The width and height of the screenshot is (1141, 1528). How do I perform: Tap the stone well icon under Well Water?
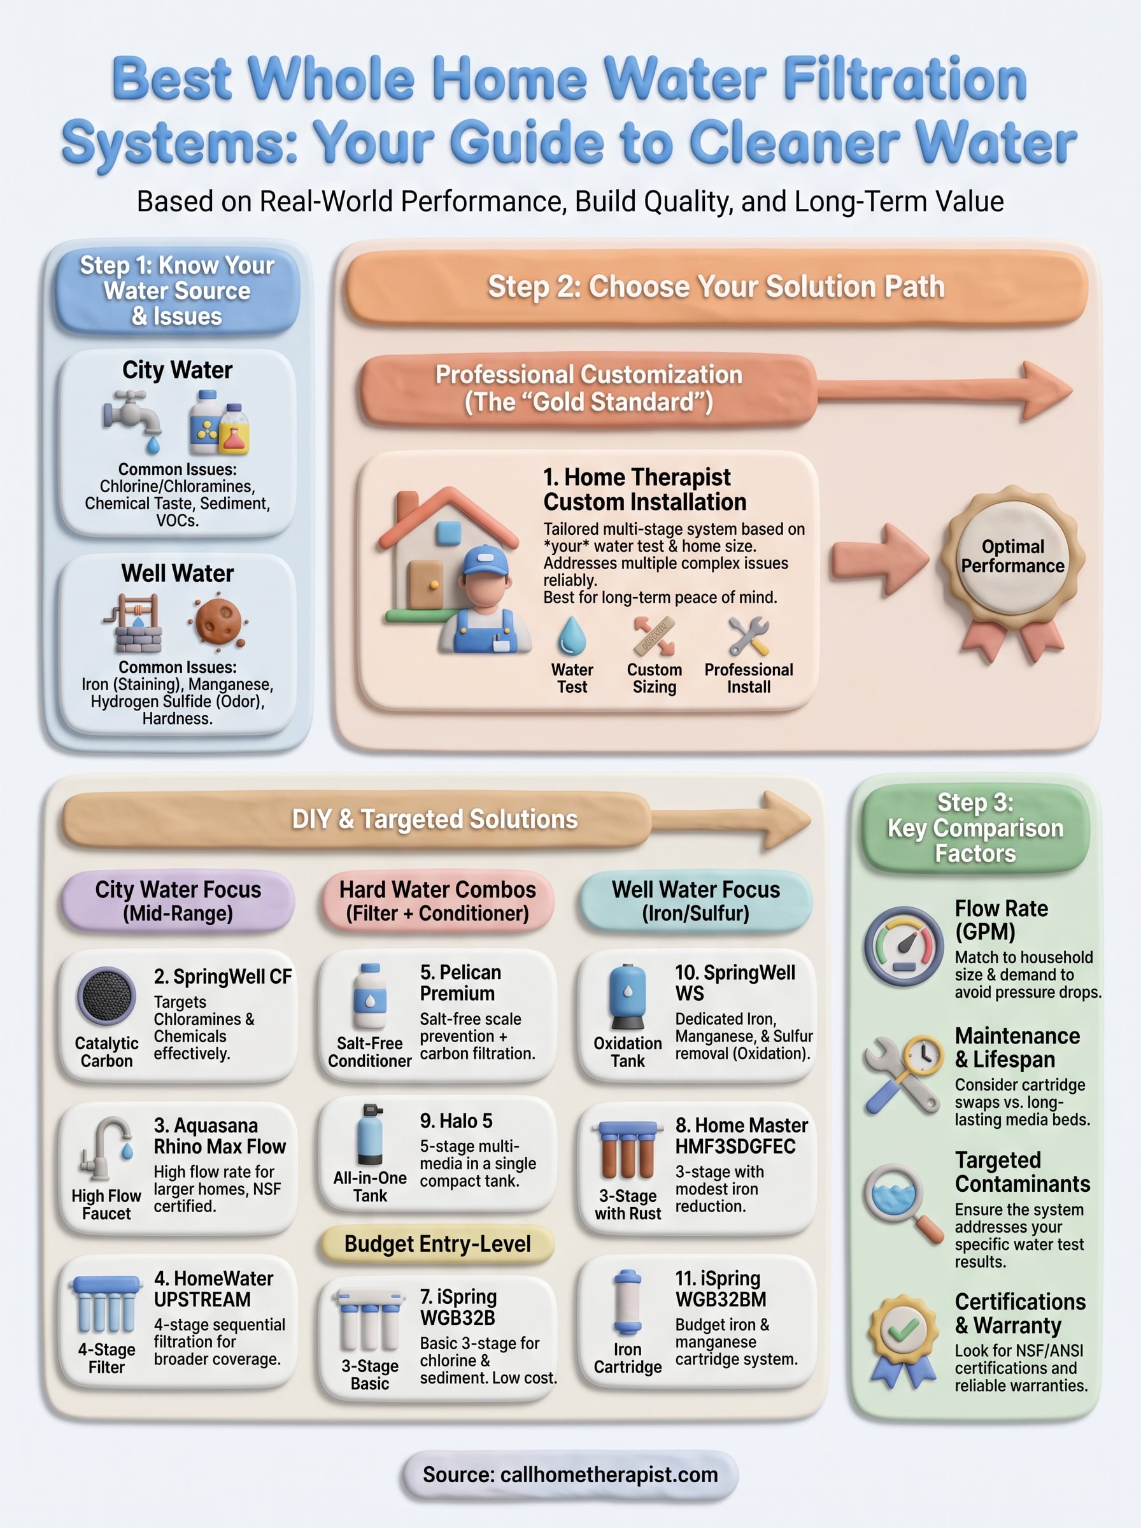pos(136,623)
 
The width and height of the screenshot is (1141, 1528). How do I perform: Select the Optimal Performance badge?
pos(1012,557)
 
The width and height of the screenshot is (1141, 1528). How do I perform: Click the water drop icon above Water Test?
pos(572,635)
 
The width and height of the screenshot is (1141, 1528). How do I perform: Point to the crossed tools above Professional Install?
pos(749,636)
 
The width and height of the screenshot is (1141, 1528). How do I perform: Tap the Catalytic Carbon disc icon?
pos(106,995)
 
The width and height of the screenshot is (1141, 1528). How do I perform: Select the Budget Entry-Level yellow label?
pos(437,1244)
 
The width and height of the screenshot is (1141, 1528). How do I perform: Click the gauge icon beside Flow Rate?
pos(904,946)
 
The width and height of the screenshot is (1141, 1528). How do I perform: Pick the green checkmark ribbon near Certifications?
pos(902,1338)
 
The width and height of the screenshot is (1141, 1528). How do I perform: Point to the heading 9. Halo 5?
pos(456,1121)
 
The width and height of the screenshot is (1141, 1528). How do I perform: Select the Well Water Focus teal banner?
pos(695,901)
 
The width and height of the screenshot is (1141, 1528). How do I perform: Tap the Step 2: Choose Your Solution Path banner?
pos(716,286)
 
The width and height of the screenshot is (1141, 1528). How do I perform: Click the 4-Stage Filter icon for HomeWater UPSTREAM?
pos(106,1305)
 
